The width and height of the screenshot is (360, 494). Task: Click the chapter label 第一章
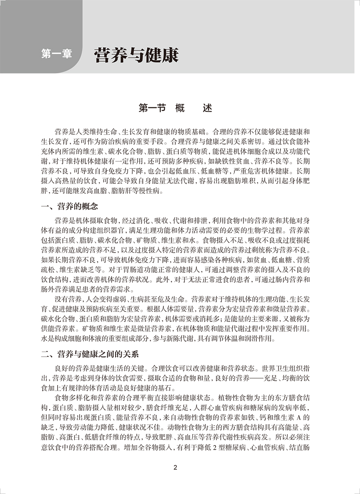click(x=56, y=54)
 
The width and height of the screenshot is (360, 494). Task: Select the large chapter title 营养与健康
click(x=136, y=55)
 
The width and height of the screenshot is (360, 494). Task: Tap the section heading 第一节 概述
click(x=175, y=108)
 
